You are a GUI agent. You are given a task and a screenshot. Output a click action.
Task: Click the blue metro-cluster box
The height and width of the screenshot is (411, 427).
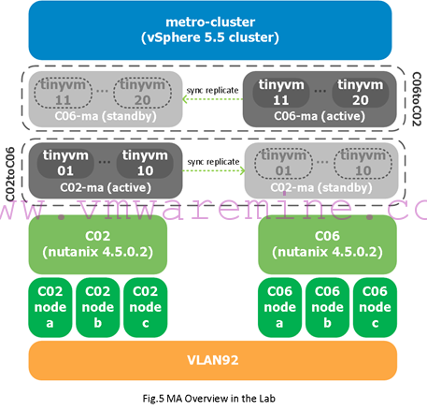[210, 30]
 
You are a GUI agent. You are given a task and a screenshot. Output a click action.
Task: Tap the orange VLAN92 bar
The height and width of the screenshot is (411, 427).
[213, 360]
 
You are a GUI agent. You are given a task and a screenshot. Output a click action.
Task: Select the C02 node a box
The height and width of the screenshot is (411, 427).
[50, 307]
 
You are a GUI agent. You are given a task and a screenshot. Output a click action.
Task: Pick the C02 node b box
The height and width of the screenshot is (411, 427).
[98, 307]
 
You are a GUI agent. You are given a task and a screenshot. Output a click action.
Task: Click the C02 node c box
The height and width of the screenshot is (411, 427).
[146, 307]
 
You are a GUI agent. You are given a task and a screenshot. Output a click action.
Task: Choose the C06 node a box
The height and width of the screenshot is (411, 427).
[279, 307]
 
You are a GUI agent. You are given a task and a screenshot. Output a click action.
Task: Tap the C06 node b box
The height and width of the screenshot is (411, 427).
[327, 307]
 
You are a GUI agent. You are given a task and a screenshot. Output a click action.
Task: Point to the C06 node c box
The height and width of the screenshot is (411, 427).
[375, 307]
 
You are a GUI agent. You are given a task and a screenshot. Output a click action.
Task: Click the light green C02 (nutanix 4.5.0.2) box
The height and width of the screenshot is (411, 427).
[98, 244]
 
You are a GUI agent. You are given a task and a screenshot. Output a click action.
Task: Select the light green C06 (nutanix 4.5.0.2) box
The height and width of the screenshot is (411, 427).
[327, 244]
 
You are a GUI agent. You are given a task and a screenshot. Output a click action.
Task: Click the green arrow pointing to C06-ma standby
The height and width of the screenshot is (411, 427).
[213, 99]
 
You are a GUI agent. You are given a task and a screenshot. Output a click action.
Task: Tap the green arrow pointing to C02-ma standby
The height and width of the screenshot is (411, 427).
[214, 170]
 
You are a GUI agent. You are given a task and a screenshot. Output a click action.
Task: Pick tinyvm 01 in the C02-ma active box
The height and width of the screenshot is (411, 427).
[65, 163]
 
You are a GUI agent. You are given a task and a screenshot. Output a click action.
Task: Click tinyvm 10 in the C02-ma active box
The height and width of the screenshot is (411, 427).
[145, 163]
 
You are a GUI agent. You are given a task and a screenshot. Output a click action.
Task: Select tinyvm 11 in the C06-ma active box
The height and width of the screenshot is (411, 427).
[281, 93]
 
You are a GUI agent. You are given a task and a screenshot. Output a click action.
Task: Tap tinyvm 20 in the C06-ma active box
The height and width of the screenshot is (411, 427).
[361, 93]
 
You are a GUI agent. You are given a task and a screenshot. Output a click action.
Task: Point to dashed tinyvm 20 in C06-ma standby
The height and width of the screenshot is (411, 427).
[142, 93]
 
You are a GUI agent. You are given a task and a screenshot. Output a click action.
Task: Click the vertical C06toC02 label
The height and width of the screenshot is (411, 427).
[417, 99]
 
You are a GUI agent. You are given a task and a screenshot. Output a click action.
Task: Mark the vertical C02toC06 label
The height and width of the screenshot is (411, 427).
[10, 174]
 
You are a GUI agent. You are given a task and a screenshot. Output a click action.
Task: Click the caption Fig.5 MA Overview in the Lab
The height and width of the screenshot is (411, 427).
[209, 399]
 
